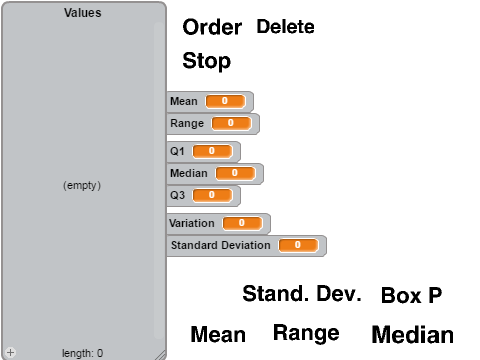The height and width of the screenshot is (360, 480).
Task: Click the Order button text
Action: point(212,27)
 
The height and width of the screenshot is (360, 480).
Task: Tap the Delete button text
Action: point(285,27)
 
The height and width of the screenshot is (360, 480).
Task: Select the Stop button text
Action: point(207,61)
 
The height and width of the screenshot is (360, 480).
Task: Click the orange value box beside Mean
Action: point(226,101)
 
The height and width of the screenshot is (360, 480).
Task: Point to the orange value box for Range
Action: point(231,123)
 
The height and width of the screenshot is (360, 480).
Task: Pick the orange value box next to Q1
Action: point(212,151)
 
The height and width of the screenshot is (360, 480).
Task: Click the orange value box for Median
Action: point(235,173)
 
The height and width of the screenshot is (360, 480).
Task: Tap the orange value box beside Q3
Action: point(212,195)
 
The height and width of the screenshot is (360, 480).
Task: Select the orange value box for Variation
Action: point(242,223)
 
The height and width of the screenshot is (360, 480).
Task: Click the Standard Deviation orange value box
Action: point(298,245)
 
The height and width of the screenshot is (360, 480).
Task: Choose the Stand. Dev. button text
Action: point(302,294)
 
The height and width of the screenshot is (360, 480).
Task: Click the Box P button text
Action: point(412,295)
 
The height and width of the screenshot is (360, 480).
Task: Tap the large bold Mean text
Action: point(218,334)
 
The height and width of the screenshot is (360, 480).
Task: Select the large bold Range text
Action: point(306,333)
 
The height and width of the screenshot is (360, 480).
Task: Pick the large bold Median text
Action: point(413,335)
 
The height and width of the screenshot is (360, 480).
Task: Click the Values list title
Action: point(83,13)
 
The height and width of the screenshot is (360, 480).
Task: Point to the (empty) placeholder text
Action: point(82,185)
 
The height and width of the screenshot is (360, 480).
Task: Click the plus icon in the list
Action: point(10,352)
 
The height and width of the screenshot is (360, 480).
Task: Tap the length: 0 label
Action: point(83,353)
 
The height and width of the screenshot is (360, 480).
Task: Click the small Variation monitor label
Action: point(192,223)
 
